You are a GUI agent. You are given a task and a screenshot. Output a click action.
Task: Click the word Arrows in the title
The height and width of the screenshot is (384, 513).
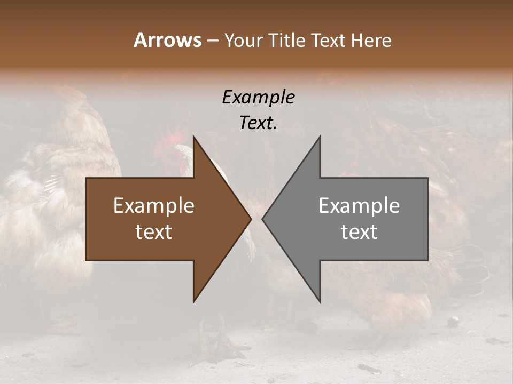coord(167,40)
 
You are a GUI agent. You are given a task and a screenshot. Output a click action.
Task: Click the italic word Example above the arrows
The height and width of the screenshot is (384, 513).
coord(258,98)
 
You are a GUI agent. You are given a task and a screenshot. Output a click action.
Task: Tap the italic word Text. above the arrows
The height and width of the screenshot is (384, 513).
coord(258,123)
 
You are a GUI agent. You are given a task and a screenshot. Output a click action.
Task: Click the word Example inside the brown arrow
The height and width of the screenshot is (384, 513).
coord(153,206)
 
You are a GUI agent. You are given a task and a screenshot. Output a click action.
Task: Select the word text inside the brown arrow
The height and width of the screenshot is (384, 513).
coord(153,232)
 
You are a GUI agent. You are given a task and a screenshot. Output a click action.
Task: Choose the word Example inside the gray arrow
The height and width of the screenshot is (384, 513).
coord(359,206)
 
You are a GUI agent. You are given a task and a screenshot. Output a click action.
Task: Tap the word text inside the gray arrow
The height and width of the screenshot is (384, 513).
coord(359,232)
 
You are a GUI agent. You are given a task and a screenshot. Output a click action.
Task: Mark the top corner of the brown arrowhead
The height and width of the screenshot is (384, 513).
coord(193,137)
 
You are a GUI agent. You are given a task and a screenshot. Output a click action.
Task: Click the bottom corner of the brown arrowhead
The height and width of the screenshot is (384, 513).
coord(193,301)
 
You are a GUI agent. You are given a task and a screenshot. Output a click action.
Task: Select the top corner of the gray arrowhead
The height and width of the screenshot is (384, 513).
coord(320,137)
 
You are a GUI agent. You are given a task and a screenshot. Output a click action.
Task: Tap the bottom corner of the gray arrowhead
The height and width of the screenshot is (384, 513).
coord(320,301)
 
